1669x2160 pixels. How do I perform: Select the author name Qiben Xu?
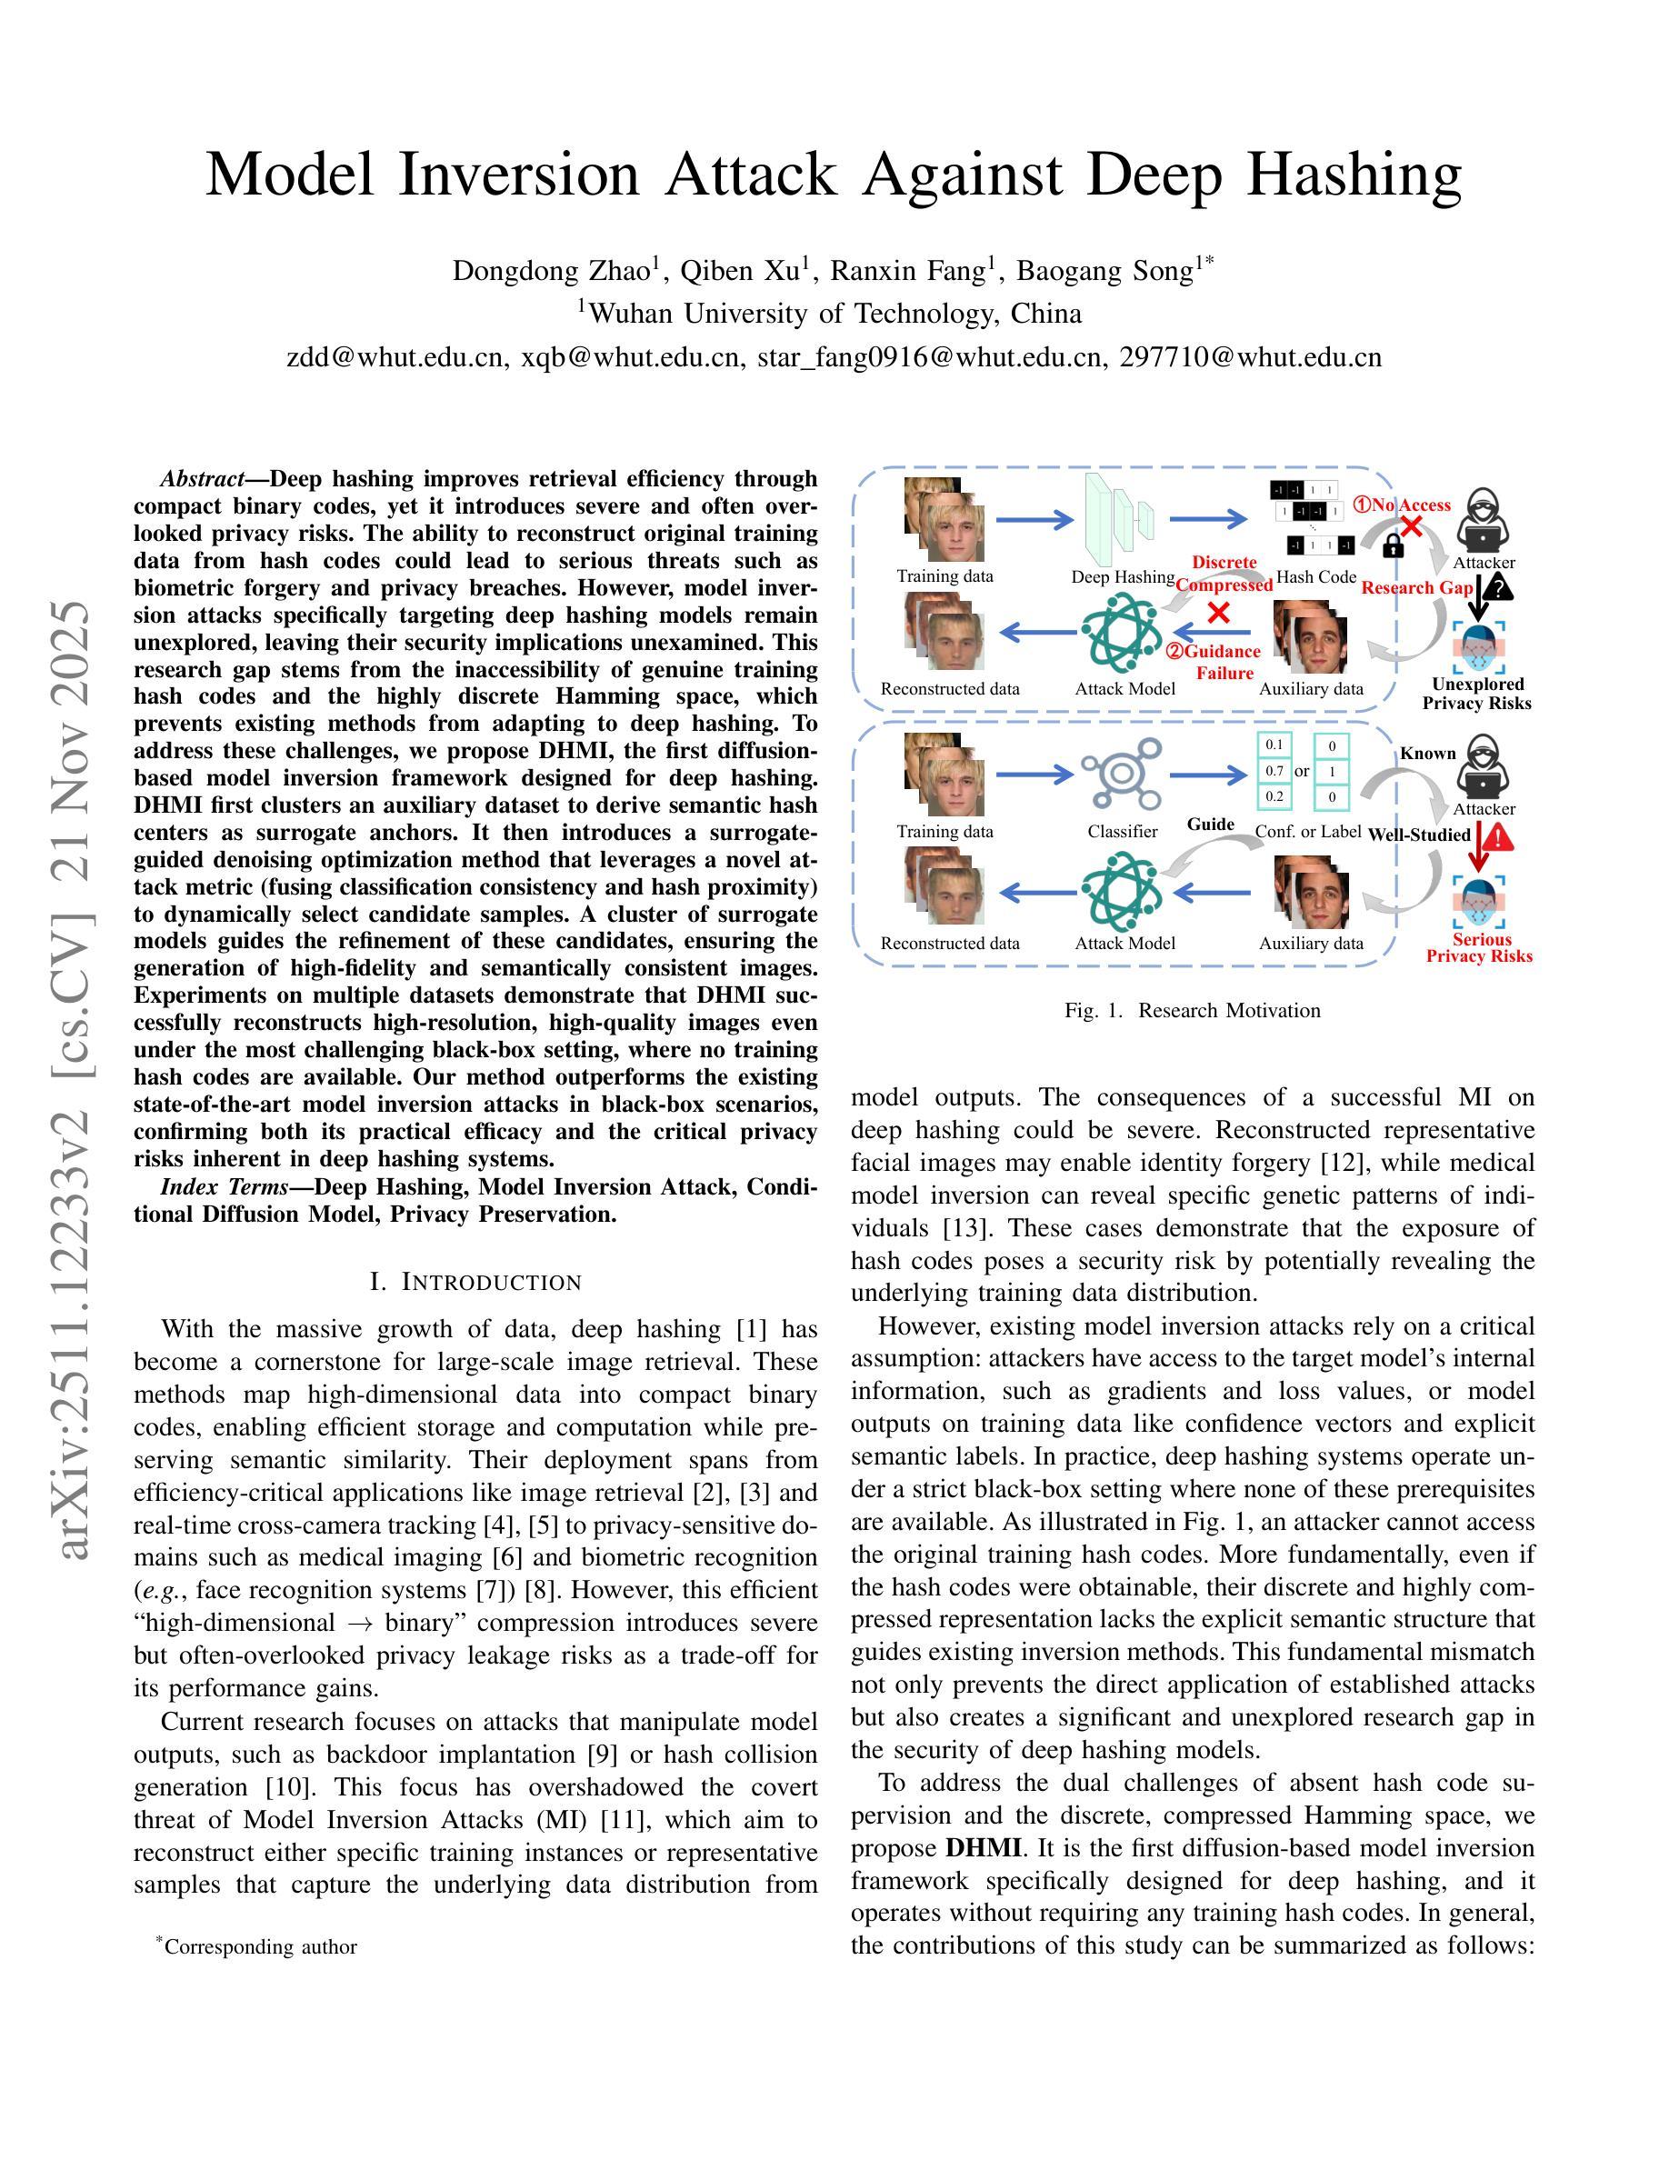(x=754, y=270)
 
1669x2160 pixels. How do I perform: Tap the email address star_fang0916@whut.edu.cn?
(x=929, y=357)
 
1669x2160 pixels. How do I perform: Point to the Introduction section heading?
(x=475, y=1282)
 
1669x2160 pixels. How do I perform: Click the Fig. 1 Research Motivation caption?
(x=1192, y=1010)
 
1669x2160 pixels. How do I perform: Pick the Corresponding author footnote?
(x=260, y=1946)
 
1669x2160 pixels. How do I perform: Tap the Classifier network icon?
(x=1120, y=778)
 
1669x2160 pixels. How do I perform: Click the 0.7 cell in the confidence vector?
(x=1274, y=770)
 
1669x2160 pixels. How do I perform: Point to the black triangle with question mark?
(x=1501, y=588)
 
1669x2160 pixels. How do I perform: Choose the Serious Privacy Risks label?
(x=1479, y=947)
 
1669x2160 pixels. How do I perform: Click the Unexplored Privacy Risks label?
(x=1477, y=694)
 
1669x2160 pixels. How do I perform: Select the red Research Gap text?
(x=1417, y=587)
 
